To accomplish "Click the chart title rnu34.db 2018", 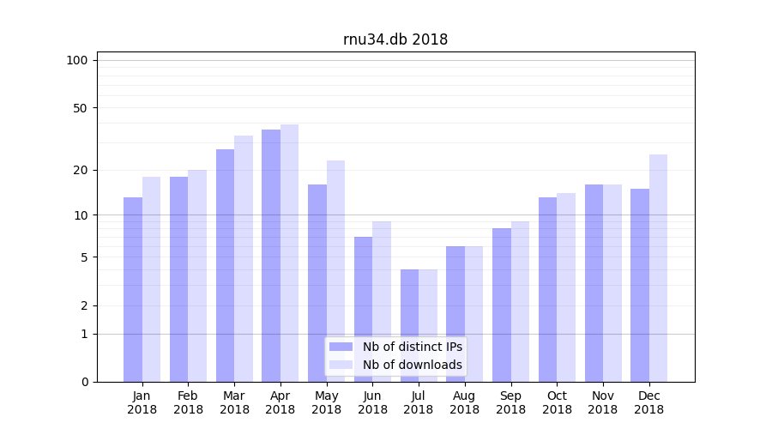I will coord(395,39).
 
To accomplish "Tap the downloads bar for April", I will coord(289,253).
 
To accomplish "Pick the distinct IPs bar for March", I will coord(225,265).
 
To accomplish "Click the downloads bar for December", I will coord(658,268).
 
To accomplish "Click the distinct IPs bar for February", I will coord(178,279).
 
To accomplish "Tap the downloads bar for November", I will coord(612,283).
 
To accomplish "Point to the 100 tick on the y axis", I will coord(77,60).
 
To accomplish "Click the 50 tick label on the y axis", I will coord(80,108).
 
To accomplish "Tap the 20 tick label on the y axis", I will coord(80,170).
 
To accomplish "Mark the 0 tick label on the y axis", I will coord(84,382).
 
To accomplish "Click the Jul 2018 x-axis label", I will coord(419,402).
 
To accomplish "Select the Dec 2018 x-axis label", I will coord(648,402).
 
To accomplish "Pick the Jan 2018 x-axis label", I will coord(142,402).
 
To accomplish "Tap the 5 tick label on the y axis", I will coord(84,257).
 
